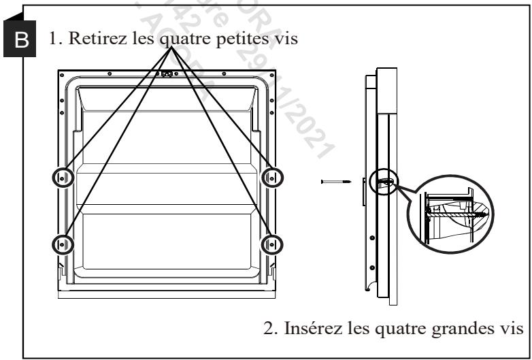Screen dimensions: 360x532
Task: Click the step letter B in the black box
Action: point(22,41)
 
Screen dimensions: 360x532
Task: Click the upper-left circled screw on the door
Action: point(62,178)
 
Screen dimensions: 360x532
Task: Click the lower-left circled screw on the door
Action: point(62,243)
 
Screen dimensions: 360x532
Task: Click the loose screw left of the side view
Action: point(335,182)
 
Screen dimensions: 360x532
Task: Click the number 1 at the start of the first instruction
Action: point(52,40)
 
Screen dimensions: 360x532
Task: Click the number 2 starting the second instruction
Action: point(267,330)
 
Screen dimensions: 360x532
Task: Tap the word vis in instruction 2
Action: point(510,330)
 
